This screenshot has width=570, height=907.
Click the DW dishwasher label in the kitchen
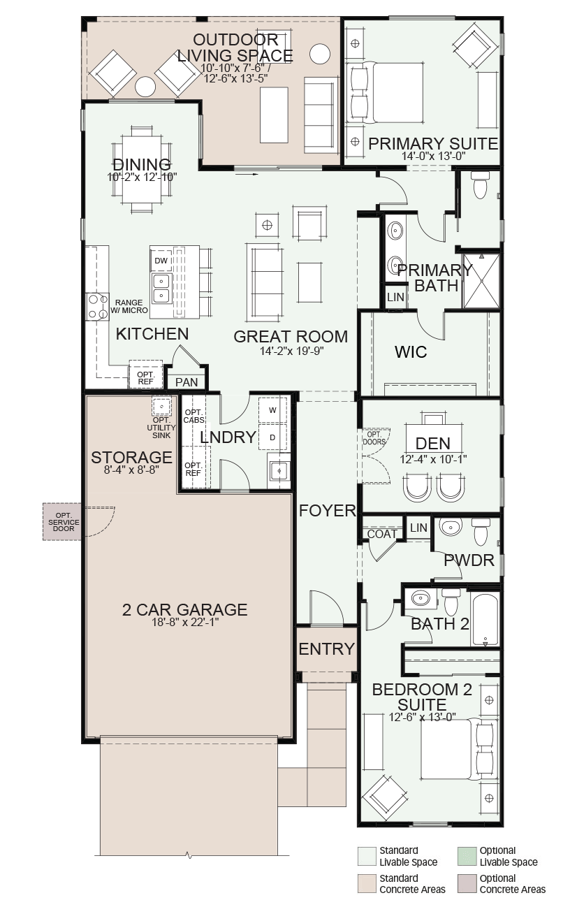click(161, 261)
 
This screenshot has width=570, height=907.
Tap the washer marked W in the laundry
click(272, 410)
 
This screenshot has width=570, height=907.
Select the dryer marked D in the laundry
click(272, 437)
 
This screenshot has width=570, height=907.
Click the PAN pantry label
click(187, 382)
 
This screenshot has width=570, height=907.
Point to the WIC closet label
click(411, 352)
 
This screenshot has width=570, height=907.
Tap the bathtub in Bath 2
click(485, 619)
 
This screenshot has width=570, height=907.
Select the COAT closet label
click(382, 534)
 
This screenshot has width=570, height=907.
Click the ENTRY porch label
click(327, 648)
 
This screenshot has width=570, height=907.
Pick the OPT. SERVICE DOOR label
click(64, 521)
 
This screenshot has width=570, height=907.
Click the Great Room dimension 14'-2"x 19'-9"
click(291, 351)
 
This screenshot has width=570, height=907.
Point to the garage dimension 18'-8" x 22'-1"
click(185, 622)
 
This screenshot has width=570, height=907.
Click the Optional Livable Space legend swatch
click(467, 855)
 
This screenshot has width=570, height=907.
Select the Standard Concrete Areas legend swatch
click(366, 883)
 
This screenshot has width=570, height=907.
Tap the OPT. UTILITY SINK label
click(161, 428)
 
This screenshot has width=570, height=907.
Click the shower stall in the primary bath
click(481, 280)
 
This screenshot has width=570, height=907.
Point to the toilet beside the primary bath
click(480, 185)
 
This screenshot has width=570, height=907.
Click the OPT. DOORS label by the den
click(374, 438)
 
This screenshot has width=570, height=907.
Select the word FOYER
click(328, 511)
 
